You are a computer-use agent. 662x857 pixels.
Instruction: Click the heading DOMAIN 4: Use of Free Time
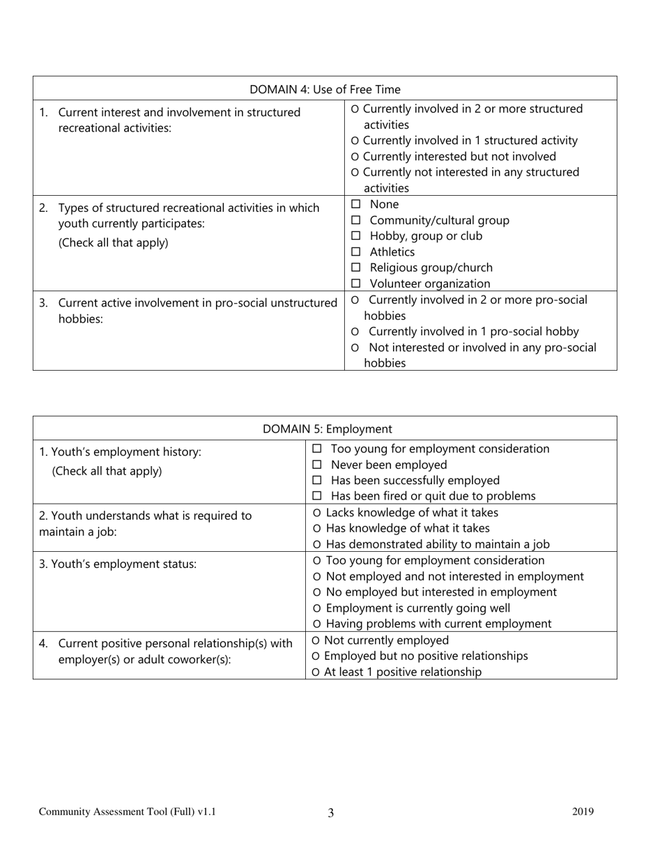tap(325, 89)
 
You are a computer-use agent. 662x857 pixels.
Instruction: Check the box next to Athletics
tap(356, 252)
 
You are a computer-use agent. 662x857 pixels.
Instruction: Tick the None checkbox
tap(356, 205)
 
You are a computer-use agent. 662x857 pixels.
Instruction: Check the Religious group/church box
tap(356, 268)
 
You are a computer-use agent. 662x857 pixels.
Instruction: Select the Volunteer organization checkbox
tap(356, 284)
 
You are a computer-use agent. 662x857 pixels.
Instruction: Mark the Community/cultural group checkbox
tap(356, 221)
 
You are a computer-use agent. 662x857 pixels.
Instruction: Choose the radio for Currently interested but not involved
tap(356, 157)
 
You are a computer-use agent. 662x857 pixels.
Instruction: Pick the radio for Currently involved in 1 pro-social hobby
tap(356, 332)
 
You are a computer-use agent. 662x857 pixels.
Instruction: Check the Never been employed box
tap(317, 465)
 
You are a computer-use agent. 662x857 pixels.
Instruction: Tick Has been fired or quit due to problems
tap(317, 497)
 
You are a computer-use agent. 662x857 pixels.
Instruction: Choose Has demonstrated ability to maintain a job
tap(318, 545)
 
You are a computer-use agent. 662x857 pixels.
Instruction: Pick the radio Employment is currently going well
tap(318, 608)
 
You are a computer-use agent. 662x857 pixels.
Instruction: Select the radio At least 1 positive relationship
tap(316, 672)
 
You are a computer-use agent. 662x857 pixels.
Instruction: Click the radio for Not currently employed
tap(316, 641)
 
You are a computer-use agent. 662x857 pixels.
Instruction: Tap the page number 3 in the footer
tap(330, 812)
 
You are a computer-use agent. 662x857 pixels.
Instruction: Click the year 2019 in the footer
tap(583, 811)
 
